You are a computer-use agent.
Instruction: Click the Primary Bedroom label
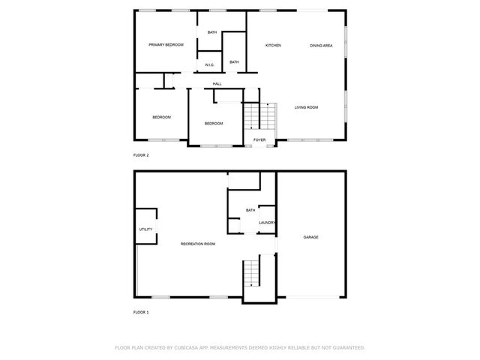point(166,45)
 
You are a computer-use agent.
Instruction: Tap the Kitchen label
point(273,46)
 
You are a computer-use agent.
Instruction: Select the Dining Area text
point(321,46)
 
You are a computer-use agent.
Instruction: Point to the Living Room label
point(306,107)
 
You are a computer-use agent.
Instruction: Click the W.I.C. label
point(210,65)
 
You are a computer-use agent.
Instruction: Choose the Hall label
point(217,83)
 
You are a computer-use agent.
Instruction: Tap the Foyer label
point(259,140)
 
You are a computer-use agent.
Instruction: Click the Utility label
point(145,229)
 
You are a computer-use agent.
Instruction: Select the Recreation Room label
point(198,244)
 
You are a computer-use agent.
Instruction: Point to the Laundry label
point(267,223)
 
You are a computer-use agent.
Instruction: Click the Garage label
point(310,237)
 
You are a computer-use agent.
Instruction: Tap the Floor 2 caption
point(141,155)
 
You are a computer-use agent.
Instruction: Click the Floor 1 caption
point(141,312)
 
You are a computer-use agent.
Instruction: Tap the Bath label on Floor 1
point(250,210)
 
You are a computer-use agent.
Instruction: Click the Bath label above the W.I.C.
point(212,32)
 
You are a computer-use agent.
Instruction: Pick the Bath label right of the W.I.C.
point(234,61)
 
